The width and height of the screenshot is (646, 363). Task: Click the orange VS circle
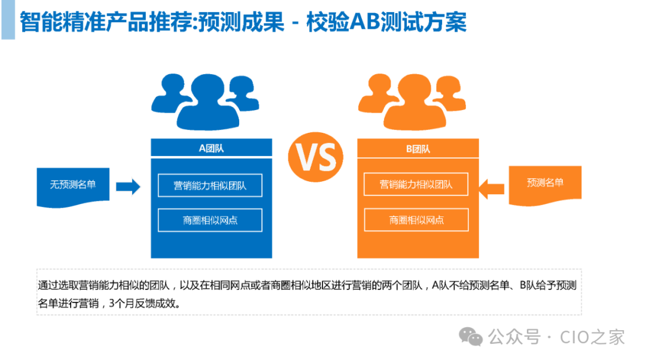316,157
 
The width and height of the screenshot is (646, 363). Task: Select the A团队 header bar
211,148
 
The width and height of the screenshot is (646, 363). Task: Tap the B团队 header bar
418,148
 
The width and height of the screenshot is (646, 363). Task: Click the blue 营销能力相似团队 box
210,185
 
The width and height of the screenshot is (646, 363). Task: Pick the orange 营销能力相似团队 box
416,185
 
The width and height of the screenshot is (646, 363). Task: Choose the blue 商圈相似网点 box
210,220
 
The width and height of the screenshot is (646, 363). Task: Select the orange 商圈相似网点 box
416,220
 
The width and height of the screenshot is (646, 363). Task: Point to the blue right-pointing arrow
127,187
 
